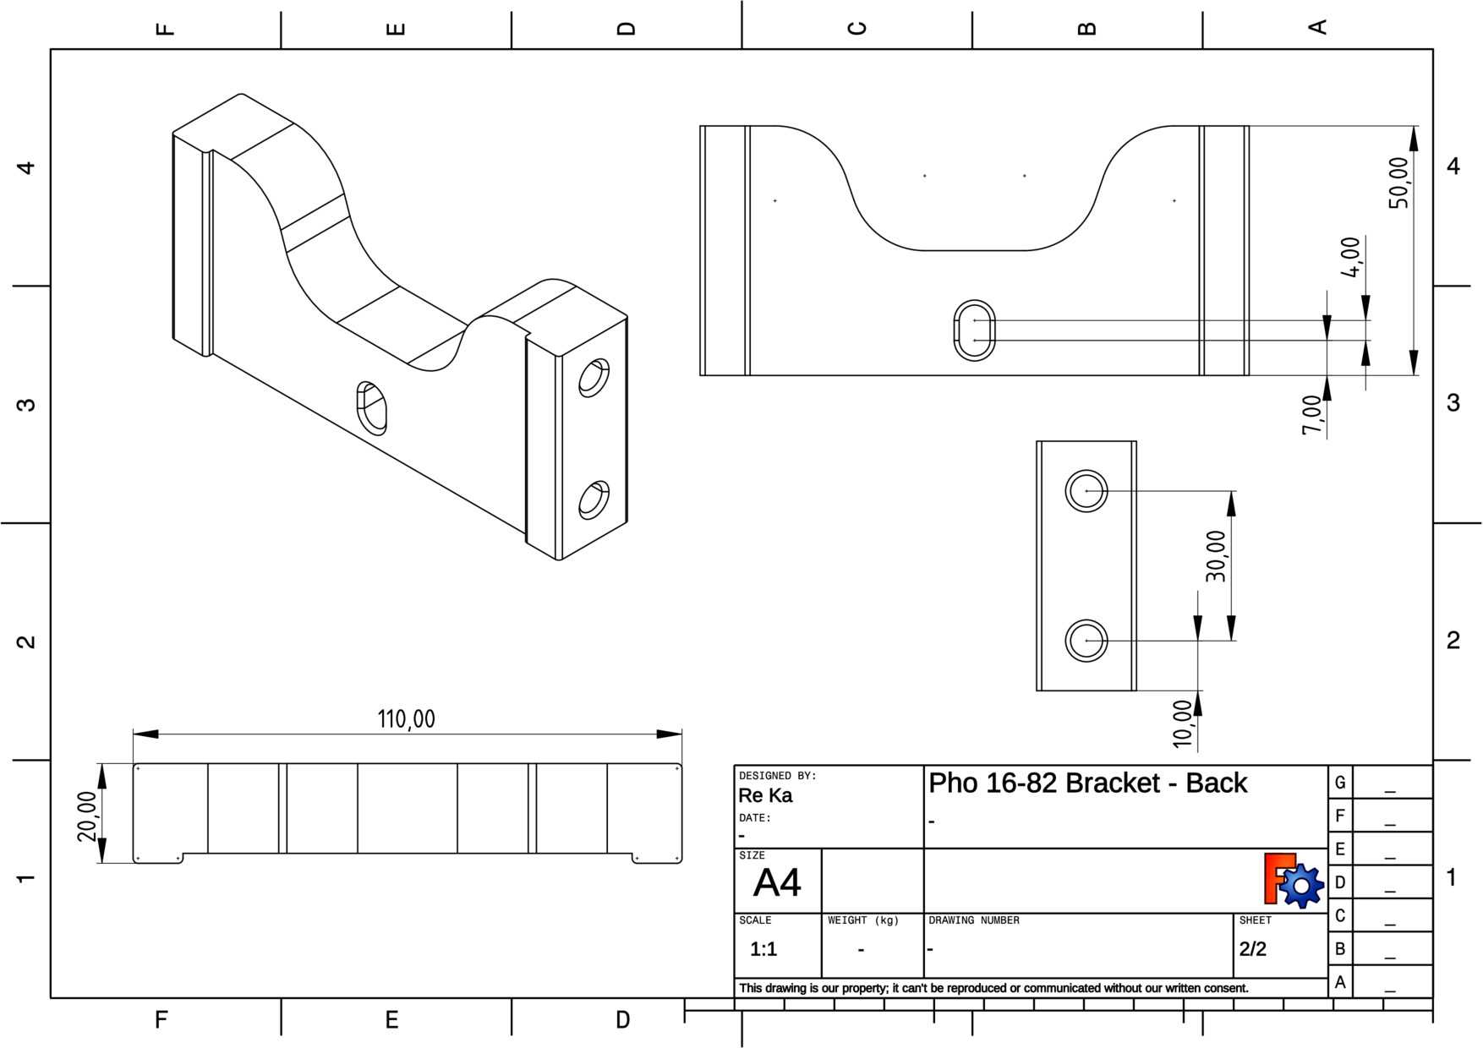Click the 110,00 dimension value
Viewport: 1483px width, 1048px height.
406,719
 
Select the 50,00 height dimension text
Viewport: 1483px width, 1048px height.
1399,183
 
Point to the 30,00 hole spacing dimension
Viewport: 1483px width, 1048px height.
1216,556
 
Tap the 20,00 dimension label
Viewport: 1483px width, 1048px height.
87,816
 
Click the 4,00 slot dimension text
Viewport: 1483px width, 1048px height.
1351,257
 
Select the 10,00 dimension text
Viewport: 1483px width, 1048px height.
1183,723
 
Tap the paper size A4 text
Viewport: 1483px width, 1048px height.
776,883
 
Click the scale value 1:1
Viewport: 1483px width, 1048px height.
763,949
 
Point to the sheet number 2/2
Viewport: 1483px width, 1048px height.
1253,949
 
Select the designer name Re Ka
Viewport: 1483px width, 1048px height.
765,795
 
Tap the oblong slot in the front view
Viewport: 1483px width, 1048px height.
974,330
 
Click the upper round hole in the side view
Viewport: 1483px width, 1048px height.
1086,491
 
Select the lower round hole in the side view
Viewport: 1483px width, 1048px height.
1086,641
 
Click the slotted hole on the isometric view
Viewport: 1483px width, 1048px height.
371,408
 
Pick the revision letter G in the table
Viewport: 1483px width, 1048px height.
1339,783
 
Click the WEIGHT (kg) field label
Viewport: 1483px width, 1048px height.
863,920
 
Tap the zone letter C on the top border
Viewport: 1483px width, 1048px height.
857,28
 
